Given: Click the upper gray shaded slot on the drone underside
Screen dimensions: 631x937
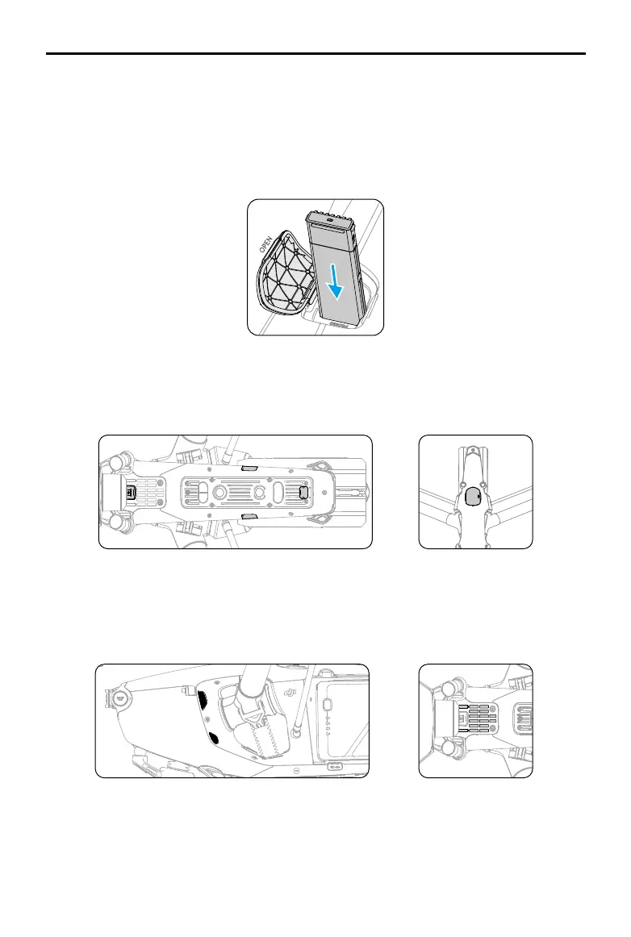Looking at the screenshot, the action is click(250, 466).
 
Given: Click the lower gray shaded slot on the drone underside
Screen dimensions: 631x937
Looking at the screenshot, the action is click(250, 514).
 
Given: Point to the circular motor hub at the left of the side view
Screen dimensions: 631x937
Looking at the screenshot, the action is click(121, 693).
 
